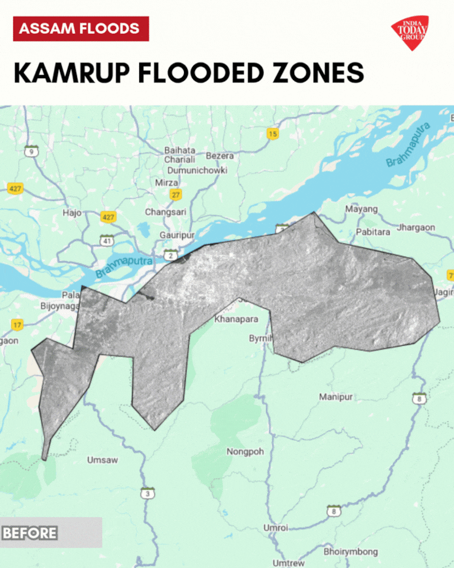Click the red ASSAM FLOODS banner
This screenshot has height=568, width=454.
pyautogui.click(x=81, y=28)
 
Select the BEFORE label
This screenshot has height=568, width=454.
pyautogui.click(x=30, y=533)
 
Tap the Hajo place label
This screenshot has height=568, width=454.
pyautogui.click(x=71, y=213)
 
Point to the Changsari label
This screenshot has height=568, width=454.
pyautogui.click(x=165, y=212)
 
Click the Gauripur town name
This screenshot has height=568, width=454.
pyautogui.click(x=176, y=234)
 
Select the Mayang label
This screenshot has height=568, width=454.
pyautogui.click(x=361, y=209)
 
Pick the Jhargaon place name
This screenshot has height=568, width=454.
pyautogui.click(x=416, y=228)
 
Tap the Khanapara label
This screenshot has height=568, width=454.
pyautogui.click(x=236, y=319)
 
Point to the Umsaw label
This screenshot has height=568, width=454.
pyautogui.click(x=102, y=460)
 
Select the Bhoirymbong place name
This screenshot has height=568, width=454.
pyautogui.click(x=350, y=552)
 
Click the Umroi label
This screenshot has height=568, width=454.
pyautogui.click(x=275, y=528)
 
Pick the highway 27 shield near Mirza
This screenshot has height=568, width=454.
pyautogui.click(x=176, y=194)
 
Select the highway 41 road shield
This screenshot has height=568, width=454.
pyautogui.click(x=107, y=240)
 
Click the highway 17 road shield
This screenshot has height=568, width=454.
pyautogui.click(x=17, y=325)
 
